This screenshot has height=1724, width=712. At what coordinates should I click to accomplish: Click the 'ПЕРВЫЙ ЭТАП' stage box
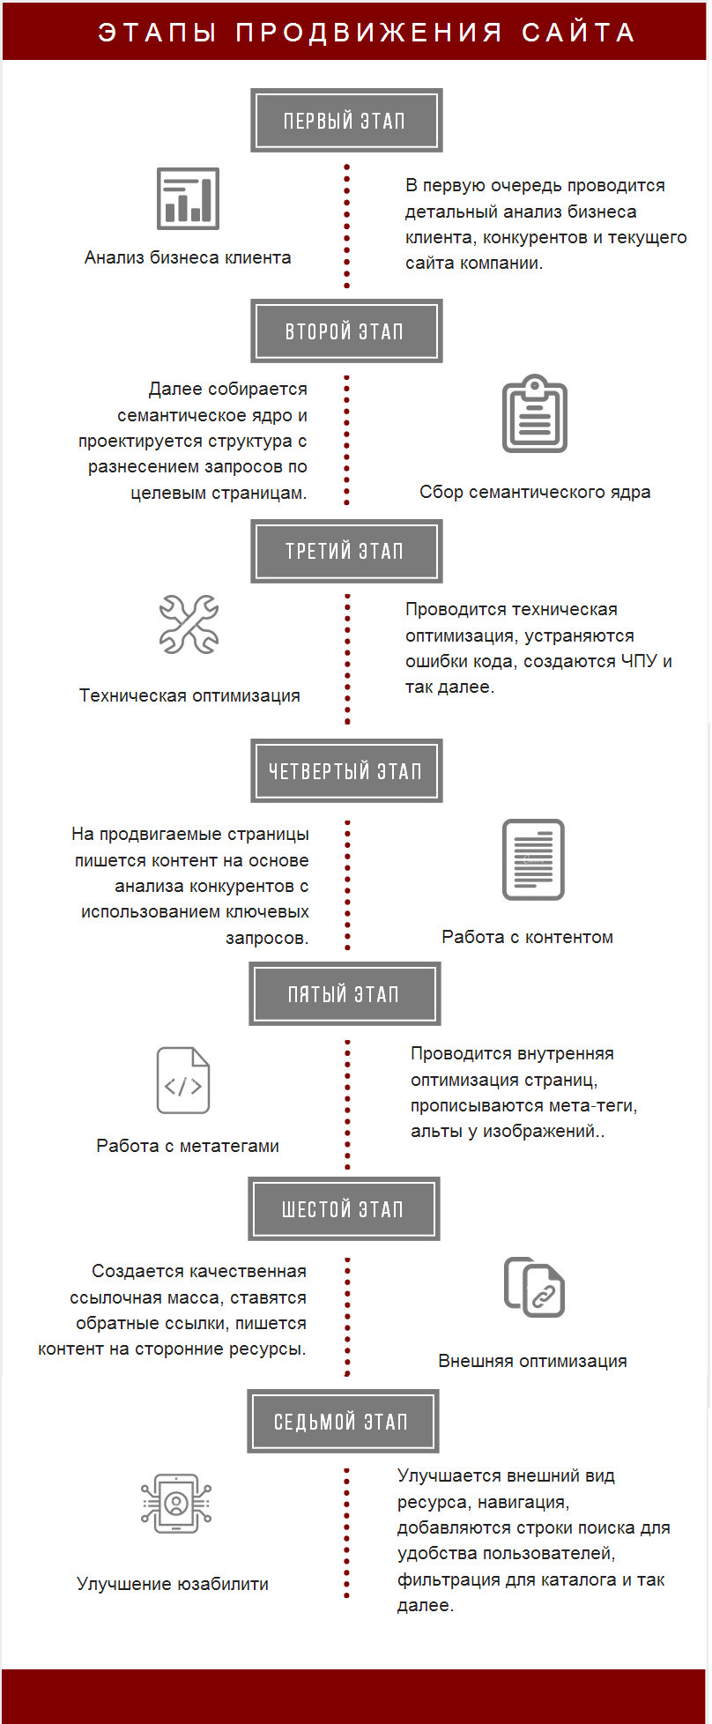pyautogui.click(x=346, y=120)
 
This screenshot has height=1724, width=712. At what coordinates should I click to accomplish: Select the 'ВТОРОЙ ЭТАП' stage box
pyautogui.click(x=346, y=331)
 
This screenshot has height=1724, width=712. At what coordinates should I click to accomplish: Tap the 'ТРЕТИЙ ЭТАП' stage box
pyautogui.click(x=346, y=551)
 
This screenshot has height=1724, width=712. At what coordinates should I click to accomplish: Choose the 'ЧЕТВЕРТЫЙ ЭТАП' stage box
pyautogui.click(x=346, y=771)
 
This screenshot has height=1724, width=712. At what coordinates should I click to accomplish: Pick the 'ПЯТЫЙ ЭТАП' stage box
pyautogui.click(x=345, y=993)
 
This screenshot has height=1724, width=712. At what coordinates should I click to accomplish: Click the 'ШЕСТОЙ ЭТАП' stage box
pyautogui.click(x=344, y=1208)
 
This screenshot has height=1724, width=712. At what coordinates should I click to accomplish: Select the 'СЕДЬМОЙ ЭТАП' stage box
pyautogui.click(x=343, y=1421)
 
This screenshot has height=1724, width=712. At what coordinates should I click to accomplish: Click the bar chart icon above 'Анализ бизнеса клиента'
pyautogui.click(x=188, y=198)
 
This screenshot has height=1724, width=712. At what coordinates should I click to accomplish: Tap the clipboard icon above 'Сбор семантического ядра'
pyautogui.click(x=534, y=413)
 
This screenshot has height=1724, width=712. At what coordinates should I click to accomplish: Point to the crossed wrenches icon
pyautogui.click(x=189, y=624)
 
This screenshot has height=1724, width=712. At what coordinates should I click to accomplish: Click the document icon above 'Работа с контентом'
pyautogui.click(x=533, y=859)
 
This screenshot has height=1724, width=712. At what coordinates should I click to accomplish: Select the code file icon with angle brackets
pyautogui.click(x=183, y=1081)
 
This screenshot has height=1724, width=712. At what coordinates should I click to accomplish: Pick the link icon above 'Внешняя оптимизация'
pyautogui.click(x=534, y=1287)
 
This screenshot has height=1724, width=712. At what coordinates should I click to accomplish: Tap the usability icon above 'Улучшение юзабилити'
pyautogui.click(x=176, y=1504)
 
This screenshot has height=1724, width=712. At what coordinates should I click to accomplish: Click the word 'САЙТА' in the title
pyautogui.click(x=578, y=33)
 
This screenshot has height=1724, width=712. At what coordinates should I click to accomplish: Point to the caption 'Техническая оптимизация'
pyautogui.click(x=189, y=695)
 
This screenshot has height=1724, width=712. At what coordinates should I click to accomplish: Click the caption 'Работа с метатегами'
pyautogui.click(x=188, y=1146)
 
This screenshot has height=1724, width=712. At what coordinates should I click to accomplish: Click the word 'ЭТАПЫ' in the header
pyautogui.click(x=158, y=33)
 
